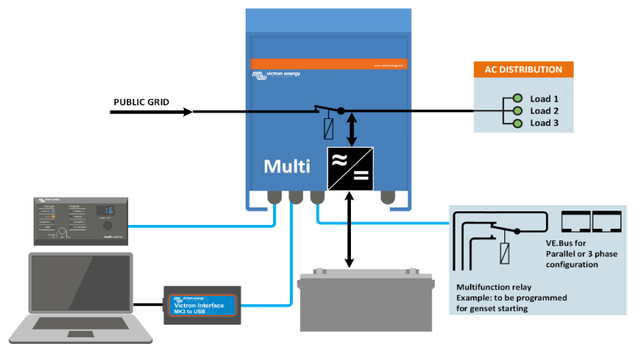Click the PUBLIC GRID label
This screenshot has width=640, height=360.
(x=141, y=102)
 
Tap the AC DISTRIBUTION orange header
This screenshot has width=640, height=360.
(x=523, y=69)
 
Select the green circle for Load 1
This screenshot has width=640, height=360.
(x=518, y=99)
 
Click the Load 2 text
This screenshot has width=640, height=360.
(x=545, y=111)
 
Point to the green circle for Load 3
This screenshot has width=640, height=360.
(x=518, y=124)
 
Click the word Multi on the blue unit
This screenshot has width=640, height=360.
(x=286, y=166)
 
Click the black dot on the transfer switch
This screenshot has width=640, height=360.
(x=341, y=111)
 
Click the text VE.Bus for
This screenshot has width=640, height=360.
(x=567, y=242)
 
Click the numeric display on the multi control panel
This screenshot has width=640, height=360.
(x=108, y=210)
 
